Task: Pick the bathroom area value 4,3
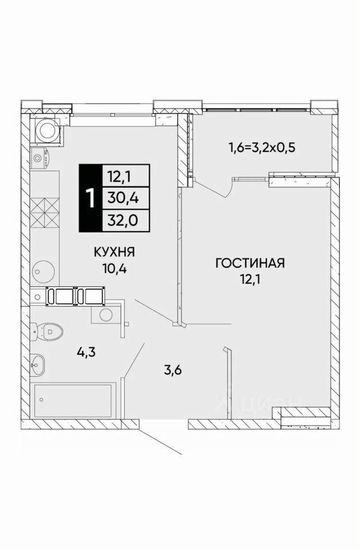pyautogui.click(x=87, y=351)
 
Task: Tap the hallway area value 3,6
pyautogui.click(x=174, y=371)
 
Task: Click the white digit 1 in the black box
pyautogui.click(x=90, y=198)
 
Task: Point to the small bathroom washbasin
pyautogui.click(x=38, y=362)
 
